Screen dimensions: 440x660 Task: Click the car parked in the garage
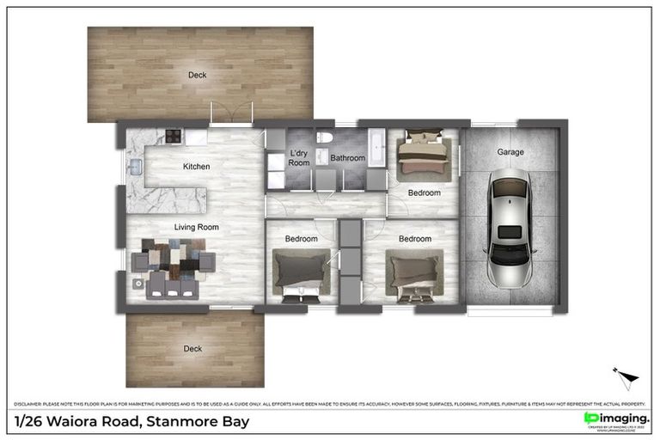[508, 227]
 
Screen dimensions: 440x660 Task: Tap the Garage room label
[510, 152]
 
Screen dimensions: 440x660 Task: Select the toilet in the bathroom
[324, 137]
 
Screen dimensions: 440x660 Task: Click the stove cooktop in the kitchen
[173, 135]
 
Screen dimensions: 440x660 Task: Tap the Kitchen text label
[196, 166]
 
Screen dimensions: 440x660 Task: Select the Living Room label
[196, 228]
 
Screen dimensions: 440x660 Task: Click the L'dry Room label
[298, 157]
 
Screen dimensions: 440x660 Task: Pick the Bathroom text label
[348, 158]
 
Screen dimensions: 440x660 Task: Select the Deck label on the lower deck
[193, 348]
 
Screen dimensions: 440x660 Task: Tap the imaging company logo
[615, 418]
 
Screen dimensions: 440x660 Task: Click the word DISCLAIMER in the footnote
[30, 403]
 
